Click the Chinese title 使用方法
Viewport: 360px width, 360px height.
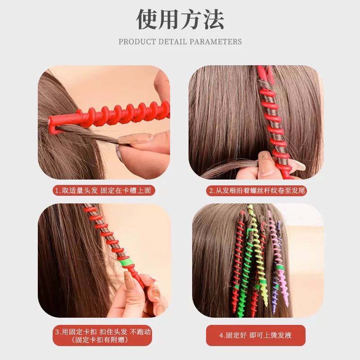(x=180, y=19)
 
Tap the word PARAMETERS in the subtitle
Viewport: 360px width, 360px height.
(x=216, y=42)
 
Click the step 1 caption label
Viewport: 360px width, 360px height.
(x=104, y=190)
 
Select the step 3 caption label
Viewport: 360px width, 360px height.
(x=103, y=335)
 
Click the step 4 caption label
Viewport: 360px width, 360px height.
(x=256, y=335)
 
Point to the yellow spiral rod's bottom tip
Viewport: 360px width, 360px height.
(x=266, y=304)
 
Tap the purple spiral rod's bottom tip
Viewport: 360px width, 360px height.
(x=274, y=312)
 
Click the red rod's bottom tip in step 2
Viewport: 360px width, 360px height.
(x=289, y=177)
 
